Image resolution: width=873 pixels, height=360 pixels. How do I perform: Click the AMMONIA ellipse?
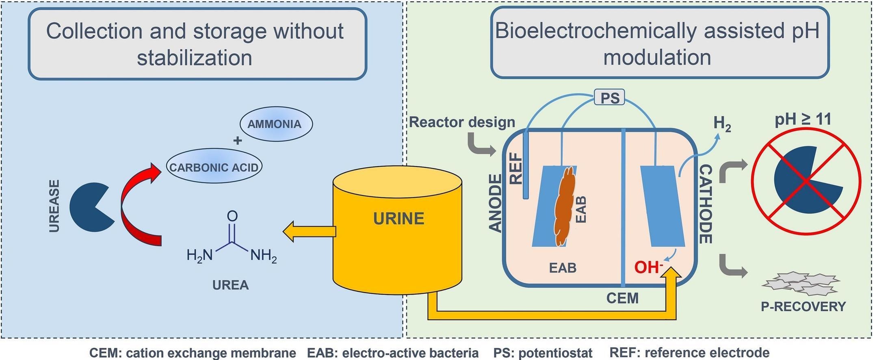276,124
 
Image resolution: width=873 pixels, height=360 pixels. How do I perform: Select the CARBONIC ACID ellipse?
214,167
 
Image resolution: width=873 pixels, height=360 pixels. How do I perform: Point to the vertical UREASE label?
54,206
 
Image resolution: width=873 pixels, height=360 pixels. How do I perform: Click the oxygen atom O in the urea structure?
232,216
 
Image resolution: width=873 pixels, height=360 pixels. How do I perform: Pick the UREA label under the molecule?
230,285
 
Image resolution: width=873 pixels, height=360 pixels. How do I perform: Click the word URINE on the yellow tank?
399,219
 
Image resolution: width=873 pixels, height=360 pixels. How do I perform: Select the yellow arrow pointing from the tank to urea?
309,232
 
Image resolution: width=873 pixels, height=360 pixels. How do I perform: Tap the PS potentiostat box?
610,98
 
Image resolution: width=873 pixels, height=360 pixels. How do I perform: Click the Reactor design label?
462,122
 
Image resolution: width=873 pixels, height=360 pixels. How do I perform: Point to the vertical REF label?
516,169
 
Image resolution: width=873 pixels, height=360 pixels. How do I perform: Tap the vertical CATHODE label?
706,204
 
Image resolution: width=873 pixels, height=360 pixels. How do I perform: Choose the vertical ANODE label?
495,203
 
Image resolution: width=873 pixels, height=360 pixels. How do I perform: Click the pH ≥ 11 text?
803,119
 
